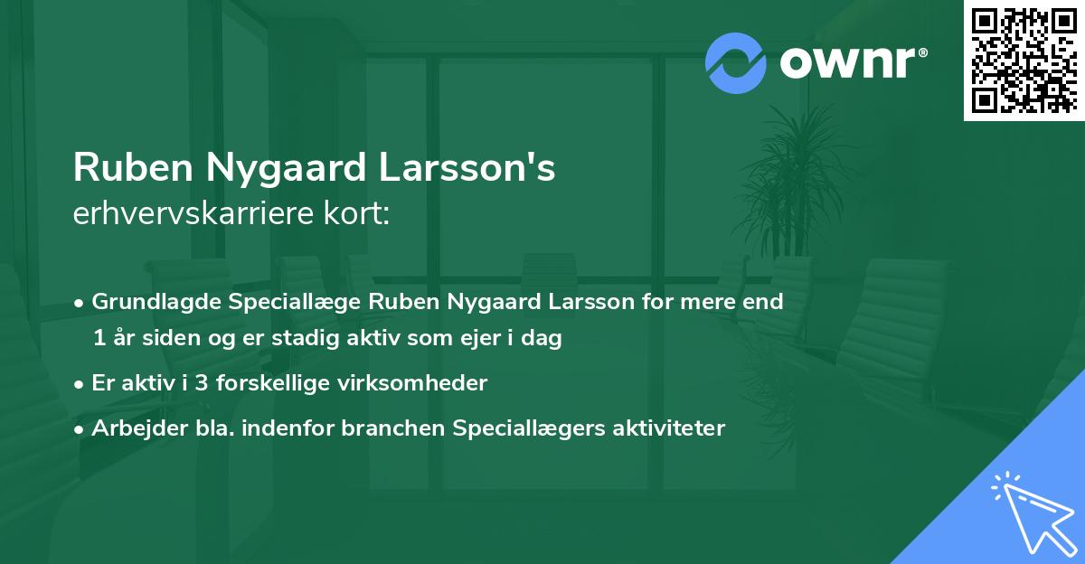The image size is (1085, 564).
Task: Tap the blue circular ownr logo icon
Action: click(x=736, y=62)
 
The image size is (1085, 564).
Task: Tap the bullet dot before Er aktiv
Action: click(x=80, y=384)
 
